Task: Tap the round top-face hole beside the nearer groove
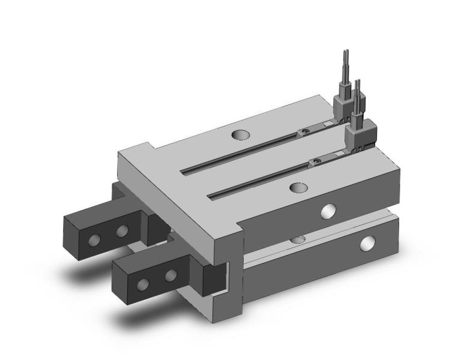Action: (297, 188)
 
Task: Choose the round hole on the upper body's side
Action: (328, 211)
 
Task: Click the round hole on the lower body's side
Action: (366, 244)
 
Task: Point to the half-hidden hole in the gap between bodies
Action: (295, 239)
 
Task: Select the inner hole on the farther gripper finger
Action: (122, 230)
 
